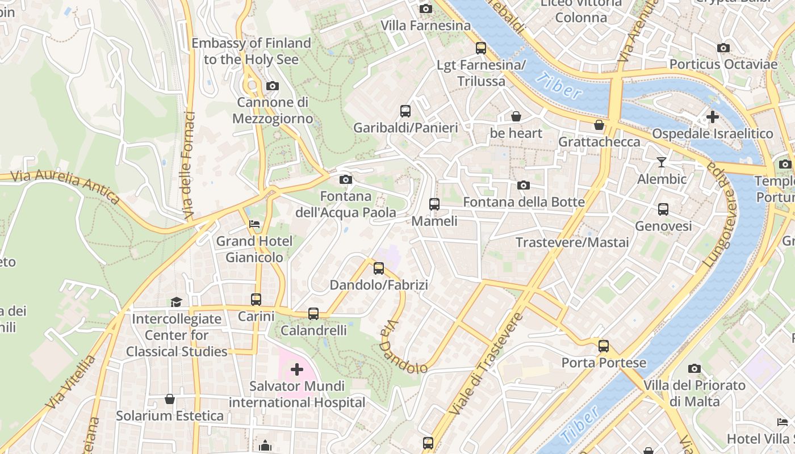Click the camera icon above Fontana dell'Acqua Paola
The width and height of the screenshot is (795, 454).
[345, 180]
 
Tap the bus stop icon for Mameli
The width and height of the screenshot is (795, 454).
[434, 204]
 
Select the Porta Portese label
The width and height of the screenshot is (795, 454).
[604, 363]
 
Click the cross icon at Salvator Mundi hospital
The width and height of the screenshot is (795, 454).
[296, 370]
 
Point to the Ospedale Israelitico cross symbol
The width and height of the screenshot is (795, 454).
[712, 117]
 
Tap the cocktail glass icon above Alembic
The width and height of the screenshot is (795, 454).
[662, 162]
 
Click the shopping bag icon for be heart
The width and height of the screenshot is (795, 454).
[516, 116]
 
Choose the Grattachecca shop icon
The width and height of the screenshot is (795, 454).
[599, 125]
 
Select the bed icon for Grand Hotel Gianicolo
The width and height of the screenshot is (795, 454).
[254, 224]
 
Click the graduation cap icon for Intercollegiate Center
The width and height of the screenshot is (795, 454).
[177, 302]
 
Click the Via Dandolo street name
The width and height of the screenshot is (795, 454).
[404, 347]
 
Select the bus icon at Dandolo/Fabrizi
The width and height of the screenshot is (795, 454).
[379, 268]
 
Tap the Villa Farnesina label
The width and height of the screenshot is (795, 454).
[425, 26]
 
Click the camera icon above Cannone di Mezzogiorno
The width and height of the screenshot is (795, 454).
[273, 86]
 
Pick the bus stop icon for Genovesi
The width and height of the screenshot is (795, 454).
[663, 209]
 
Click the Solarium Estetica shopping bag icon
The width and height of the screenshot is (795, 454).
[169, 399]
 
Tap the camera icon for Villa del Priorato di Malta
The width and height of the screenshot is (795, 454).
[694, 369]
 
